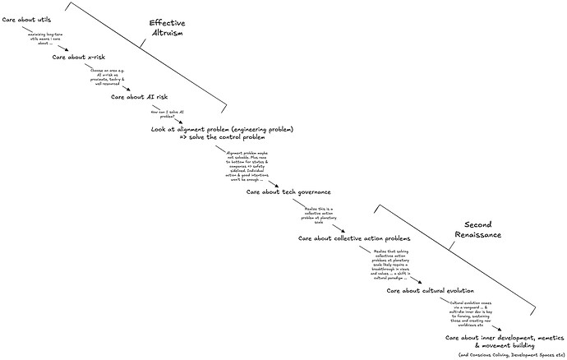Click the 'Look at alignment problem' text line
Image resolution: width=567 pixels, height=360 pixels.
click(222, 130)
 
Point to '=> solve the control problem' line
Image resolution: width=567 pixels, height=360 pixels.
click(222, 138)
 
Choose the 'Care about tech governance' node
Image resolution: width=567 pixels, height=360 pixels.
click(288, 192)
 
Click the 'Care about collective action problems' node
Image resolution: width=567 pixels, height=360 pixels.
click(354, 238)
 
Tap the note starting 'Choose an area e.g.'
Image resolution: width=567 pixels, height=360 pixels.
click(107, 76)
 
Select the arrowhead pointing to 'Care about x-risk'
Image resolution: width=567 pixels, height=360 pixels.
click(67, 48)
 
